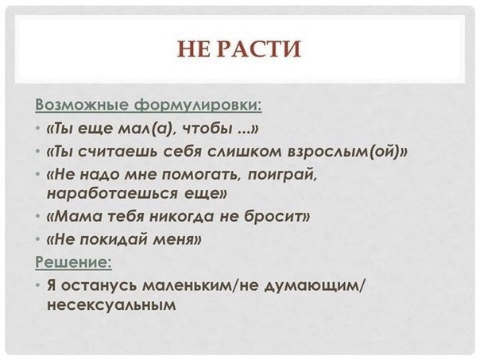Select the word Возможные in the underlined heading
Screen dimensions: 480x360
[x=82, y=105]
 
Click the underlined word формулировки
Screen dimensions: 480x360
[x=198, y=106]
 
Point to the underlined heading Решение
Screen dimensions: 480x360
[x=73, y=262]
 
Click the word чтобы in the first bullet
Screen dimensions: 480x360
[x=207, y=128]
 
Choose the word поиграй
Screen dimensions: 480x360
[x=281, y=175]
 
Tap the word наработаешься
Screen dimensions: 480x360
[x=112, y=194]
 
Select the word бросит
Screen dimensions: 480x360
[x=276, y=217]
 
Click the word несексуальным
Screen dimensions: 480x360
[x=111, y=305]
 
